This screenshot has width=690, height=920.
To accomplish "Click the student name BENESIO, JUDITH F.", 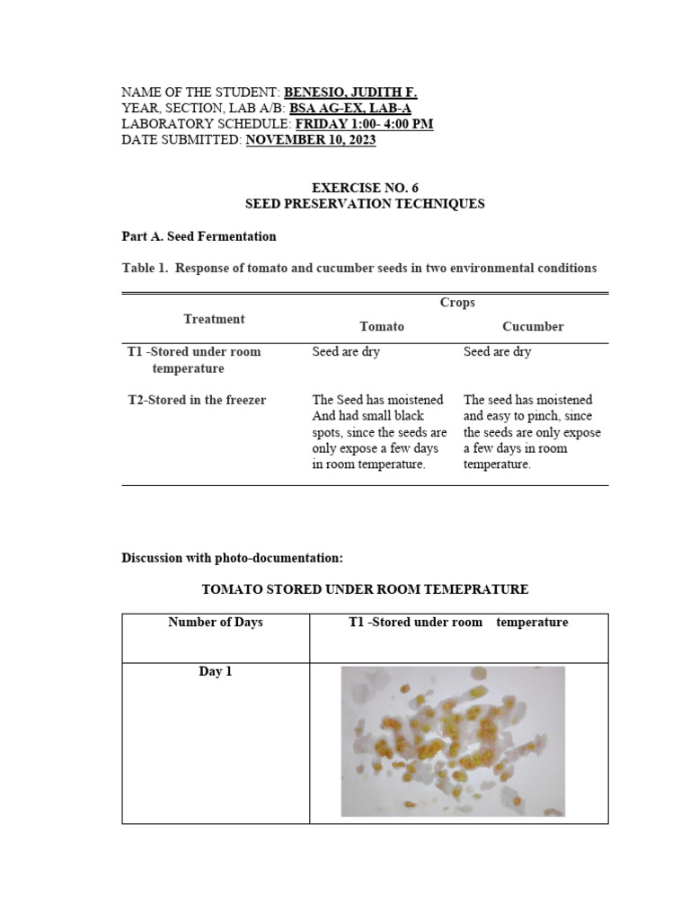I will [350, 93].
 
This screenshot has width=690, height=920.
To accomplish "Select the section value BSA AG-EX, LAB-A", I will [349, 109].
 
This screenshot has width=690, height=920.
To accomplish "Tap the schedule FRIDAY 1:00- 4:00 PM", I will [364, 124].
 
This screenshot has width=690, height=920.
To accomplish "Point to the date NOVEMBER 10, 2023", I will [311, 140].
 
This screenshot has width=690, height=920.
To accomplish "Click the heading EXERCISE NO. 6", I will [365, 188].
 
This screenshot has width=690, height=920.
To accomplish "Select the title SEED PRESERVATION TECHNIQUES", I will [365, 204].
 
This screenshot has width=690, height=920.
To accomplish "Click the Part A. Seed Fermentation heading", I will [199, 236].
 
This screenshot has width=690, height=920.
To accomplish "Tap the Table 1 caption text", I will [358, 268].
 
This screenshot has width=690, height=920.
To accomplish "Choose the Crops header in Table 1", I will [457, 303].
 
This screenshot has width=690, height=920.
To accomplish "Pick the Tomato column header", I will [382, 326].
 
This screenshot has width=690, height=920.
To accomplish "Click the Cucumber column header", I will [533, 326].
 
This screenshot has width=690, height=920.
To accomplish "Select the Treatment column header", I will [214, 319].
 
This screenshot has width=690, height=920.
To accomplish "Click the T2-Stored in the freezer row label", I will [197, 400].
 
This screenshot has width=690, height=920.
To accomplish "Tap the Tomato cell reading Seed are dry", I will [346, 351].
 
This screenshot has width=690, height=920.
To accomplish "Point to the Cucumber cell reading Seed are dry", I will [497, 351].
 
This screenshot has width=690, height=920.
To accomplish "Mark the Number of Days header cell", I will [216, 622].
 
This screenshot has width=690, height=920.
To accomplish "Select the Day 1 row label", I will [216, 671].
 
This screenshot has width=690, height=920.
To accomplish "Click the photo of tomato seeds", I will [453, 741].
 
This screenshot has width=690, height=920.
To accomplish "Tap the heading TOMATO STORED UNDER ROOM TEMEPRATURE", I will [365, 589].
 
